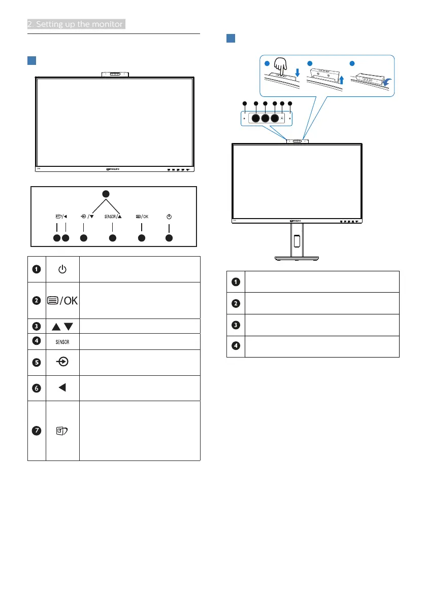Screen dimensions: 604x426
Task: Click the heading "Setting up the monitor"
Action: click(76, 24)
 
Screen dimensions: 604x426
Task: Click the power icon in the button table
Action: click(62, 269)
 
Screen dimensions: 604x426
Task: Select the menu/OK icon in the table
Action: click(62, 301)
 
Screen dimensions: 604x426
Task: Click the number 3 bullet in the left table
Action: click(37, 325)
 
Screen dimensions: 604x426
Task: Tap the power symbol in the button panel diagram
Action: click(169, 216)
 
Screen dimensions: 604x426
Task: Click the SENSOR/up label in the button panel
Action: click(113, 216)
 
